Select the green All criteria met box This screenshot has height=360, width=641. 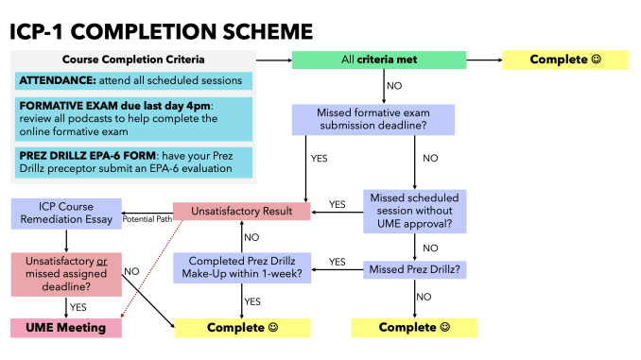tap(377, 60)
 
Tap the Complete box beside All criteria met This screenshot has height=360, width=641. tap(564, 60)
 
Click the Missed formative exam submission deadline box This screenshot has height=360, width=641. tap(372, 119)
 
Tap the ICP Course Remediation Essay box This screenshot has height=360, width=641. tap(66, 213)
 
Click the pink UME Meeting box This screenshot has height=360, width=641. tap(66, 328)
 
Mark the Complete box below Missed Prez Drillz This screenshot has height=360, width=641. tap(414, 328)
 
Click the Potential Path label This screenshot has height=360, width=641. tap(147, 218)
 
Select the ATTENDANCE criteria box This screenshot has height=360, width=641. tap(134, 81)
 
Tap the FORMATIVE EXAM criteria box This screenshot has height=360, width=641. tap(134, 118)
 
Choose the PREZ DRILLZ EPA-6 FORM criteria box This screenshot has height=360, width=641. tap(134, 160)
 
